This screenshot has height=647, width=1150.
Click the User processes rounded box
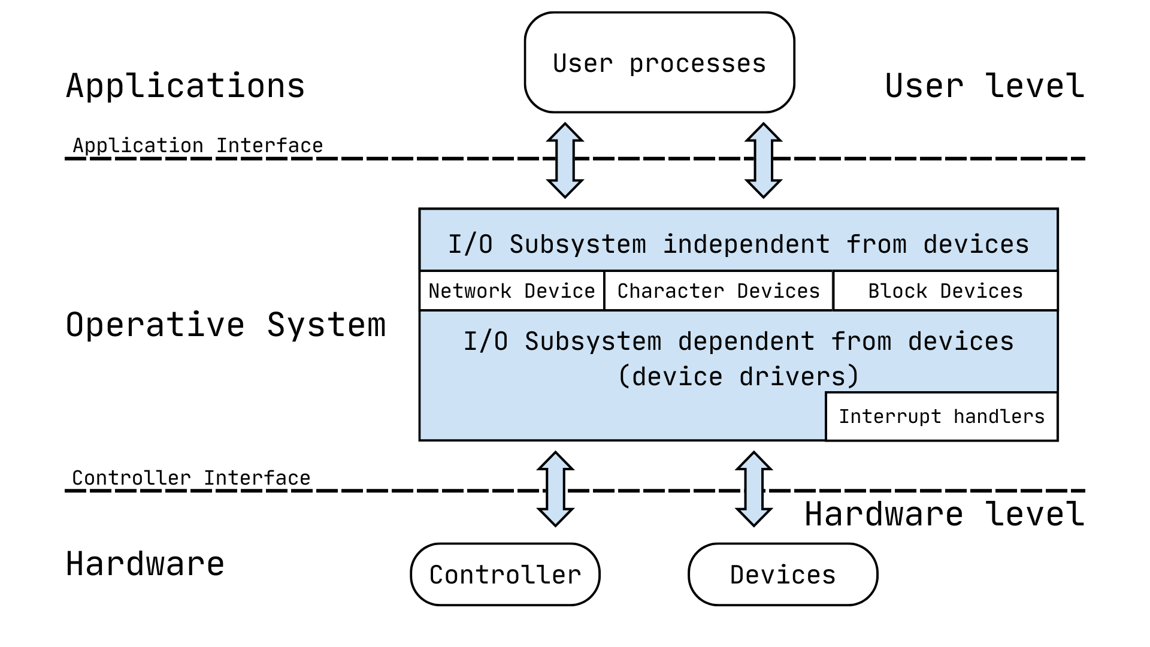point(659,63)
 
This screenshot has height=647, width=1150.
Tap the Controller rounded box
point(505,575)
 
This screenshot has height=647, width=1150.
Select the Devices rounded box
point(782,575)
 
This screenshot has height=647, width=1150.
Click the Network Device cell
point(512,291)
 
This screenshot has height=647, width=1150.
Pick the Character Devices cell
point(718,291)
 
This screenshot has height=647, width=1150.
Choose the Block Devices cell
point(945,291)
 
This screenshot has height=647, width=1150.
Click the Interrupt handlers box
point(941,416)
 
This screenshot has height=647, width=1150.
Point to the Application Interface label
point(198,146)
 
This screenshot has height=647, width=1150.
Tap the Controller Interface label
point(191,478)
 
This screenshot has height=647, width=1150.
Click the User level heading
point(984,86)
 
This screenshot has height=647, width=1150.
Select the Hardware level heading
point(944,514)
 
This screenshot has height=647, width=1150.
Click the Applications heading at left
point(185,86)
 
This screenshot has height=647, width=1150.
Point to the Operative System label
point(226,325)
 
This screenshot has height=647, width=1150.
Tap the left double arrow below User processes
point(565,161)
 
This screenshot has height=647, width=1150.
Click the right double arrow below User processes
point(763,161)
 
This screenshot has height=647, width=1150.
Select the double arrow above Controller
point(555,489)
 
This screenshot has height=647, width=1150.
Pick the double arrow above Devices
point(753,489)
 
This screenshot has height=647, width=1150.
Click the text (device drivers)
point(739,377)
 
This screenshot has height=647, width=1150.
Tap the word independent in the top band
point(746,244)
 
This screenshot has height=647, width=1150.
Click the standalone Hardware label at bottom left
point(145,564)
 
